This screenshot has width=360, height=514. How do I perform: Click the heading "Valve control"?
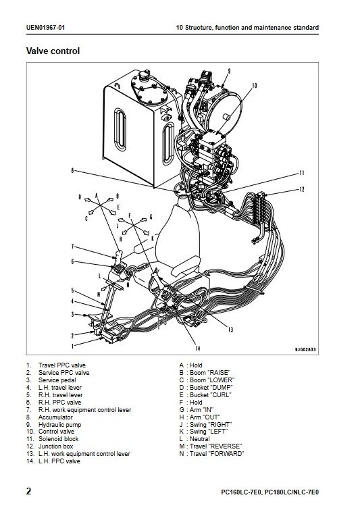(x=53, y=51)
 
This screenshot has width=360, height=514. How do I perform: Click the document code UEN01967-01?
(x=45, y=28)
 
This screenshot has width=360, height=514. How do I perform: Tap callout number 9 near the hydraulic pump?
(x=229, y=71)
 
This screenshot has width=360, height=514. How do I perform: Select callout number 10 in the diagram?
(x=255, y=86)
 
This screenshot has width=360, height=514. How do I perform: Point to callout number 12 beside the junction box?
(x=302, y=190)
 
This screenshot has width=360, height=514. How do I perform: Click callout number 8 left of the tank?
(x=72, y=170)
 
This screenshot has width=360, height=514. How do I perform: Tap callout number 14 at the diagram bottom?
(x=197, y=348)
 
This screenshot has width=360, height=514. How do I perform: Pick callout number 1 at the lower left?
(x=72, y=345)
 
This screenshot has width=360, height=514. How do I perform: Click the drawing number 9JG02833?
(x=305, y=350)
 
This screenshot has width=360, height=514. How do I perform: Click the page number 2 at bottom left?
(x=29, y=491)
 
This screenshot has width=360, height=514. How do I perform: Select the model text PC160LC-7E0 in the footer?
(x=241, y=492)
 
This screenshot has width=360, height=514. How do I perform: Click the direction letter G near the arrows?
(x=151, y=217)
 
